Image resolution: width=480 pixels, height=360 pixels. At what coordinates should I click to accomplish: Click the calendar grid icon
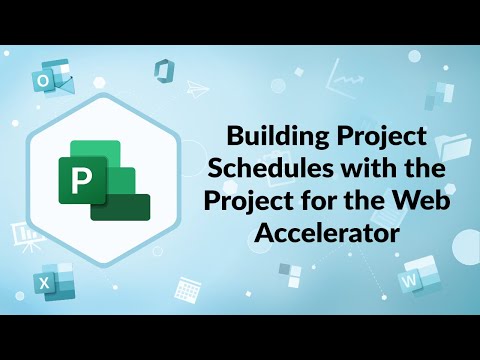184,288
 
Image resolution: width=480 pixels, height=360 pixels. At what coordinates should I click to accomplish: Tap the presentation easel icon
22,236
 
